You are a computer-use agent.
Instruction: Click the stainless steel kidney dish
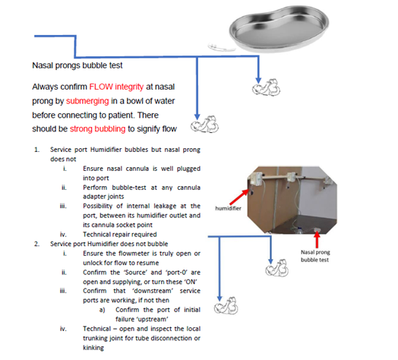(279, 28)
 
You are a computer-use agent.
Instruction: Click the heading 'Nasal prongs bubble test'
(77, 65)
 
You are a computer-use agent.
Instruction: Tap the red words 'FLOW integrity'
(116, 87)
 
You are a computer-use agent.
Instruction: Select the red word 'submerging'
(87, 101)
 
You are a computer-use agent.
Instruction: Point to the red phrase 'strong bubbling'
(98, 129)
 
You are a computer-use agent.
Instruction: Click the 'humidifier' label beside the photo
(228, 208)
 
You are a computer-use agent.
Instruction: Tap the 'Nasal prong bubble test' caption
(315, 256)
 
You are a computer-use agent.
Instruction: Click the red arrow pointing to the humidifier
(239, 197)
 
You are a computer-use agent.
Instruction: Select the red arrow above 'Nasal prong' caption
(317, 240)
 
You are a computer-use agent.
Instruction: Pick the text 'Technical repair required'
(120, 235)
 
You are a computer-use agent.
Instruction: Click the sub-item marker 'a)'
(102, 310)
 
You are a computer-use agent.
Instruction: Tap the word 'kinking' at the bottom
(93, 348)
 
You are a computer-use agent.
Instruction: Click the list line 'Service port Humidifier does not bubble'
(109, 244)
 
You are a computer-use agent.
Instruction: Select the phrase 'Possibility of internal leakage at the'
(141, 206)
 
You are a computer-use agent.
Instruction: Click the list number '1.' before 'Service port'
(36, 150)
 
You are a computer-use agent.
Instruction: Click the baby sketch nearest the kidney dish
(267, 87)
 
